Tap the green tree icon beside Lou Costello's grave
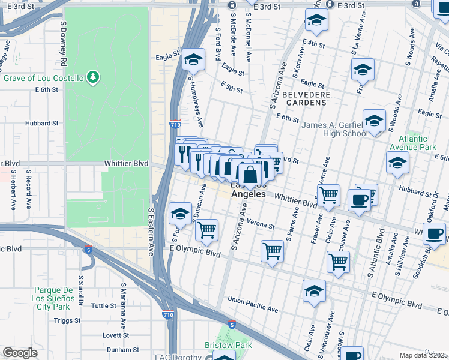[x=92, y=77]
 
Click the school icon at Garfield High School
[x=374, y=121]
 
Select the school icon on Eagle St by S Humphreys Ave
[x=193, y=59]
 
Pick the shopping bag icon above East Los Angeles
[x=250, y=175]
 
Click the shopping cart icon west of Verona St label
[x=206, y=230]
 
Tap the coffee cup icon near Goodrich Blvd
[x=434, y=233]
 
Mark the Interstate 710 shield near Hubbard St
[x=173, y=124]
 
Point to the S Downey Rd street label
[x=62, y=38]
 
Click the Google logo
[x=20, y=353]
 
